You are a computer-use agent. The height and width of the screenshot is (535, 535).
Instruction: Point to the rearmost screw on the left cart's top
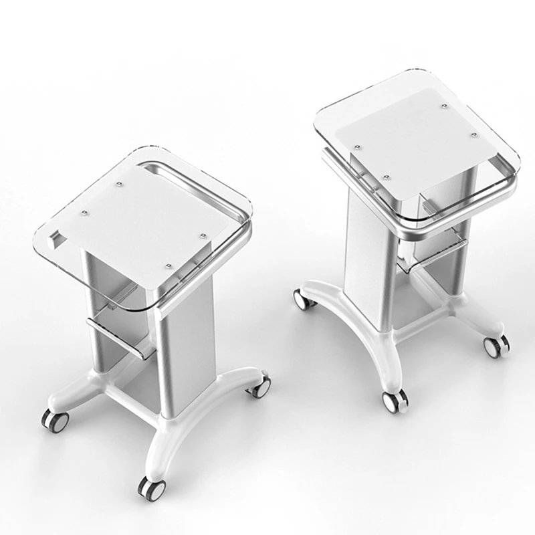tap(118, 181)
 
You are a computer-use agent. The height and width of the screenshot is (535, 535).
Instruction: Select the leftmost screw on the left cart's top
tap(85, 213)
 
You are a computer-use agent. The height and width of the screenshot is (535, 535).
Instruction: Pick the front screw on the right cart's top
tap(387, 176)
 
